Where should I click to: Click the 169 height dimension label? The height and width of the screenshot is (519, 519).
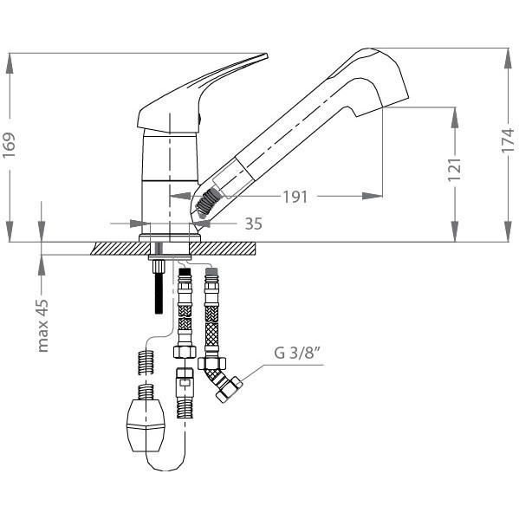coord(10,146)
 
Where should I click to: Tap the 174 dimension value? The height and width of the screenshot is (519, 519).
coord(508,140)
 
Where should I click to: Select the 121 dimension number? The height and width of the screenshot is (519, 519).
coord(455,170)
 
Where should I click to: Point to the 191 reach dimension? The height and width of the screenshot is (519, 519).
coord(295,197)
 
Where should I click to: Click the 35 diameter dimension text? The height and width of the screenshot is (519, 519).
coord(254,224)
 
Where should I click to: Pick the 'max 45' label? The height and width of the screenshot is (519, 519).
coord(43,326)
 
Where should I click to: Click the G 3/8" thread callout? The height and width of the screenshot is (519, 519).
coord(297,353)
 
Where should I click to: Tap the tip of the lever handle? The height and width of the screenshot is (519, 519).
coord(266,55)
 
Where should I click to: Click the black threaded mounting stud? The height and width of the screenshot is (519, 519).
coord(159,287)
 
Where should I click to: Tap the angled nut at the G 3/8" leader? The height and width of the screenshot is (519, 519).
coord(229,390)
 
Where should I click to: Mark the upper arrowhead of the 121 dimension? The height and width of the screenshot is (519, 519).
coord(455,118)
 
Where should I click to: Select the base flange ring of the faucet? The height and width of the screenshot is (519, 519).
coord(170,238)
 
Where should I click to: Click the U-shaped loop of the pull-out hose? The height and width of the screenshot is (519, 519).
coord(165,463)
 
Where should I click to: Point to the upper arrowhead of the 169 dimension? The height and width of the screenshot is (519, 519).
coord(10,63)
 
